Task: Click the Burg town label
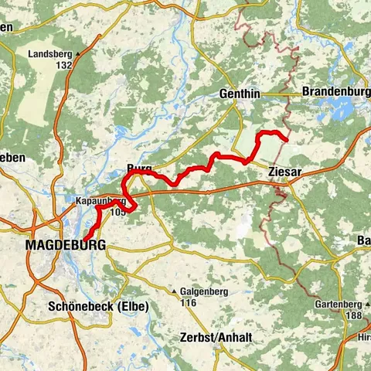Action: click(x=139, y=168)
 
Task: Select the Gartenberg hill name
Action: click(x=337, y=305)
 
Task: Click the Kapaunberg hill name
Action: click(x=100, y=200)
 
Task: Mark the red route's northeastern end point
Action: click(x=287, y=140)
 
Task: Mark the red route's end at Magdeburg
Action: click(x=85, y=237)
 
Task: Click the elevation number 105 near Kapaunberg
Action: click(x=117, y=211)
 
